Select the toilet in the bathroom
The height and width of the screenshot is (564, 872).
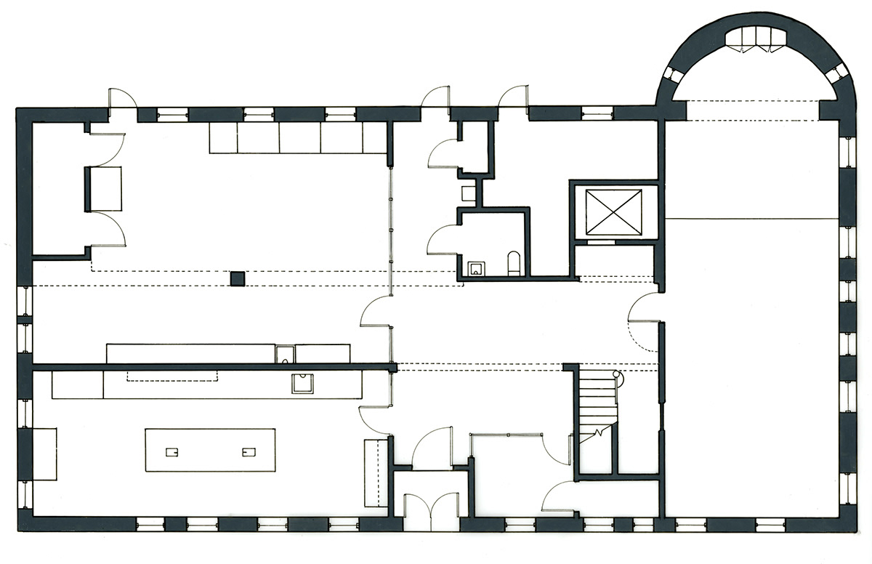tap(513, 263)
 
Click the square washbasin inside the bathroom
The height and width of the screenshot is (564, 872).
tap(476, 269)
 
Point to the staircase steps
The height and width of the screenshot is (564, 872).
tap(597, 396)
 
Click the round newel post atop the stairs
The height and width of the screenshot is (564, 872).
tap(618, 375)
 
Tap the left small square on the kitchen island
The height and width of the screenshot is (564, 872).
tap(172, 451)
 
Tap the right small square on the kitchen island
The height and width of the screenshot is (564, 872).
tap(249, 451)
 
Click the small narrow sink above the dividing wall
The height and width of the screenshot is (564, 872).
tap(285, 354)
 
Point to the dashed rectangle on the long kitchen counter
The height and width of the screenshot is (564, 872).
tap(172, 375)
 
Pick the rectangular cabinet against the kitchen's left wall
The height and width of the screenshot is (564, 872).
tap(44, 454)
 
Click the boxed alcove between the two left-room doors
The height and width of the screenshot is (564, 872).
tap(105, 188)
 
